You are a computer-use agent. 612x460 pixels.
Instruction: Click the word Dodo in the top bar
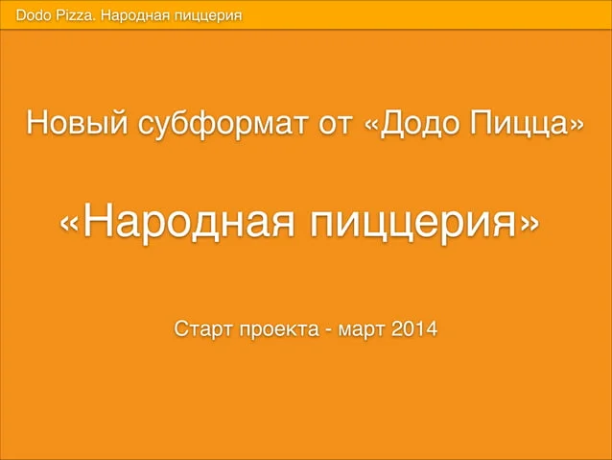34,15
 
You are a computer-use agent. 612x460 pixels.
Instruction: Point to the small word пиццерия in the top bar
208,16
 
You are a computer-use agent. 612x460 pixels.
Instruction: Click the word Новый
77,122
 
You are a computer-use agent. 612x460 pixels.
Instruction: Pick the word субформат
224,124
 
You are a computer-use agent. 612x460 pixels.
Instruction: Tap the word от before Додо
336,125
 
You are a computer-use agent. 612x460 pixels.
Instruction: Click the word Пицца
520,124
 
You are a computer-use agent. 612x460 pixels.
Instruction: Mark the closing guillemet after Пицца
577,125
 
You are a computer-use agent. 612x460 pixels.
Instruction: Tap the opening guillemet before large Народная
69,224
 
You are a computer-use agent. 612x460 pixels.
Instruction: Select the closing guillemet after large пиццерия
530,224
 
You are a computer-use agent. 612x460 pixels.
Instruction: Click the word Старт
203,329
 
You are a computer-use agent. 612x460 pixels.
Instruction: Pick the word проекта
279,330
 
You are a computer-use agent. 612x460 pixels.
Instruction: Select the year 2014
414,328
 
